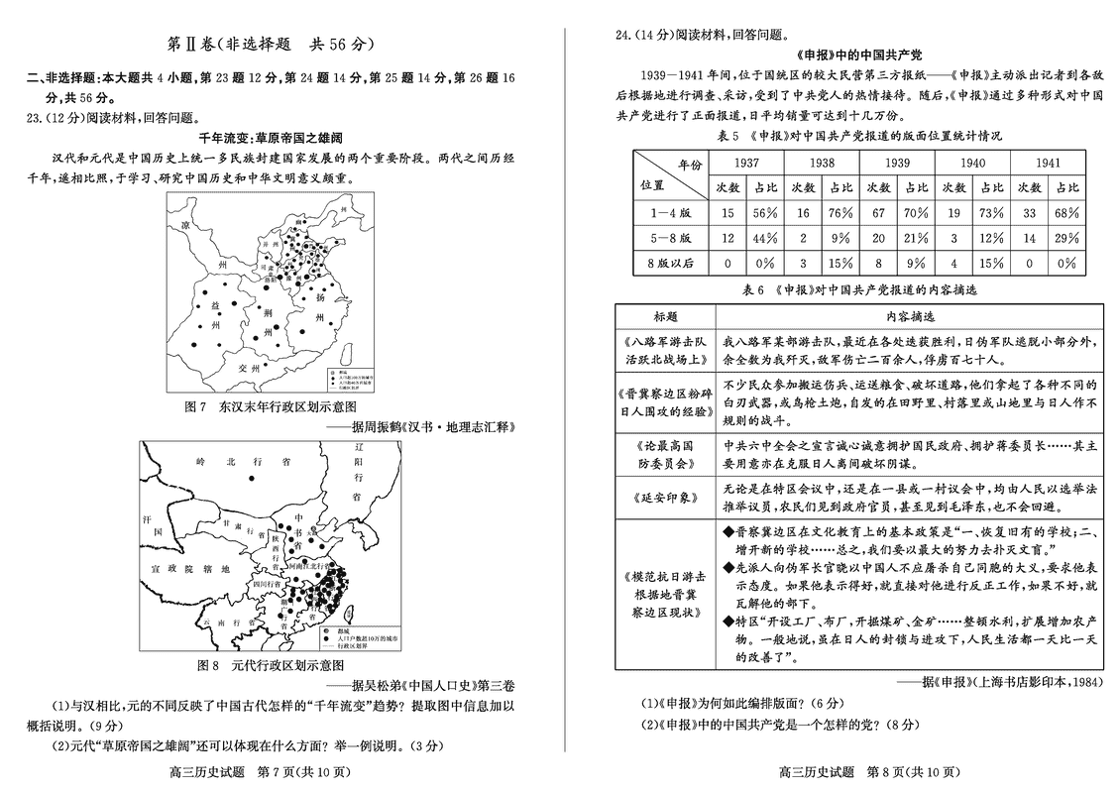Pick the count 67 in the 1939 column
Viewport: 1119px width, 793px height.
[877, 212]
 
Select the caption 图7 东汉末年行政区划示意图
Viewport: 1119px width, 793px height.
[270, 406]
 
